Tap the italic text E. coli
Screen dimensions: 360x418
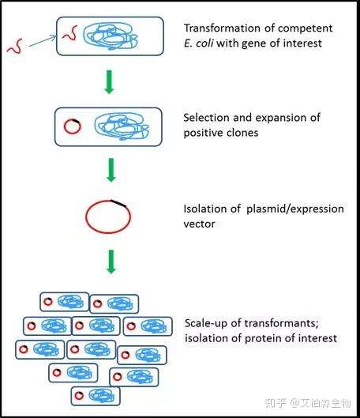(x=198, y=43)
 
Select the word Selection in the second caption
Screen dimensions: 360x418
(x=206, y=118)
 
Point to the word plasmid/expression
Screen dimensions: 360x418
(x=295, y=209)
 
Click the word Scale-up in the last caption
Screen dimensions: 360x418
(x=206, y=323)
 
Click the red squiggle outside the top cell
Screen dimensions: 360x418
(x=15, y=47)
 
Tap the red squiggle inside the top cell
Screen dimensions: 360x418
(x=70, y=33)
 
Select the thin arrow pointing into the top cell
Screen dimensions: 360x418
(x=43, y=41)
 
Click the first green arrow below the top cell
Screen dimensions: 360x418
(x=109, y=82)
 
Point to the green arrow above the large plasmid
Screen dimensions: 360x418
(x=111, y=170)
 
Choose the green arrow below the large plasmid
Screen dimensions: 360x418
(x=111, y=262)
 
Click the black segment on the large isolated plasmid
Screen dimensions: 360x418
(x=118, y=203)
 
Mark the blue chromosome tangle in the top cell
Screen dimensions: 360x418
(x=111, y=36)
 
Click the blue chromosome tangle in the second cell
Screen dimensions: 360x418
(x=122, y=126)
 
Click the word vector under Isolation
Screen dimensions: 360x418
(x=199, y=224)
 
